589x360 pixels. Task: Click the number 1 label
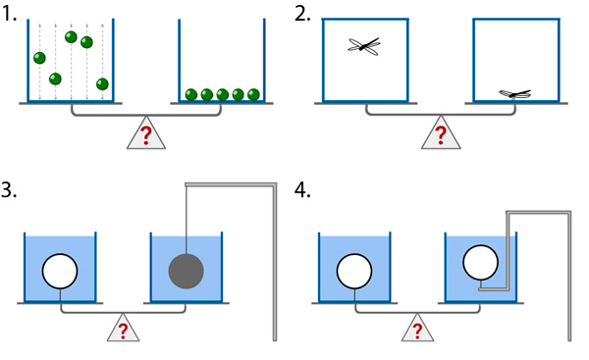tap(8, 15)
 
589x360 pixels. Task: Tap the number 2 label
tap(302, 15)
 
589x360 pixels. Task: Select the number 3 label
tap(8, 190)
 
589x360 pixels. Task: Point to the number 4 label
tap(302, 190)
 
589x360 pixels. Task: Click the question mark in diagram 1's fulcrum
tap(145, 135)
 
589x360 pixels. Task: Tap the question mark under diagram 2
tap(441, 135)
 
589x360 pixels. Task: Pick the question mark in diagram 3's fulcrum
tap(123, 332)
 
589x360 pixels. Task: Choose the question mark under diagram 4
tap(417, 332)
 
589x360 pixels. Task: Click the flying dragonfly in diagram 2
tap(364, 46)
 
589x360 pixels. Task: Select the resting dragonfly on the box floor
tap(515, 94)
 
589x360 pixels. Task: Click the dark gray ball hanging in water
tap(187, 271)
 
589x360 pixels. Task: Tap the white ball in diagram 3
tap(60, 271)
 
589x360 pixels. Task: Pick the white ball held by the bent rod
tap(481, 263)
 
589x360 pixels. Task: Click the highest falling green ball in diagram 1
tap(71, 37)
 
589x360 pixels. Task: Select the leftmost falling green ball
tap(39, 58)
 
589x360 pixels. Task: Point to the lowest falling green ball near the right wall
tap(102, 84)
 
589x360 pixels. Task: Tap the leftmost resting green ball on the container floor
tap(191, 94)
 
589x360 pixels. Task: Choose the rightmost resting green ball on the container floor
tap(253, 94)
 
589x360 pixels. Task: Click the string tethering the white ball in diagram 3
tap(60, 295)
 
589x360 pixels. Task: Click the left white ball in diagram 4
tap(354, 271)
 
